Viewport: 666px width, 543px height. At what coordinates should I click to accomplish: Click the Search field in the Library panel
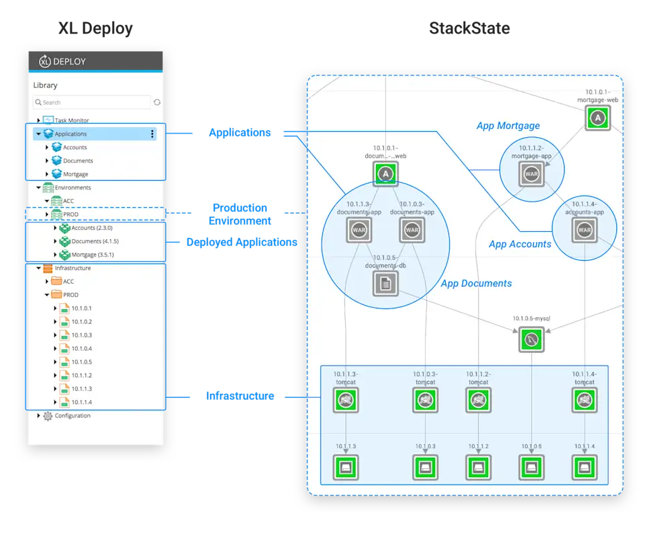pyautogui.click(x=92, y=102)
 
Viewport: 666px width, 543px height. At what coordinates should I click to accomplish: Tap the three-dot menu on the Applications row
pyautogui.click(x=152, y=134)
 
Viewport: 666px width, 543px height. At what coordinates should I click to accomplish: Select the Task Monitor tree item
pyautogui.click(x=71, y=120)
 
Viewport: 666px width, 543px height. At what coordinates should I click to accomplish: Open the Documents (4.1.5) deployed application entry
pyautogui.click(x=95, y=241)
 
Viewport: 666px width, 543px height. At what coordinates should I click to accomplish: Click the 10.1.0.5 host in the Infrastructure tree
pyautogui.click(x=81, y=362)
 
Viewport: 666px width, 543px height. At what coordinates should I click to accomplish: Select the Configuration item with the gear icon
pyautogui.click(x=72, y=415)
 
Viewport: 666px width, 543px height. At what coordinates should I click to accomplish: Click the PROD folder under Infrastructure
pyautogui.click(x=70, y=294)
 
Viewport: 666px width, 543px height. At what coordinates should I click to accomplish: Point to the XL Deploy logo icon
pyautogui.click(x=45, y=61)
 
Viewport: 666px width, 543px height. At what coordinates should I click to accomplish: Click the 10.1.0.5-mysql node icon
pyautogui.click(x=531, y=340)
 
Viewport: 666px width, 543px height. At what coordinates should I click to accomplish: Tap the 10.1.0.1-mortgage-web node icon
pyautogui.click(x=597, y=119)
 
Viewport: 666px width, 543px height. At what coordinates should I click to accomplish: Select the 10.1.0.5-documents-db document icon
pyautogui.click(x=385, y=284)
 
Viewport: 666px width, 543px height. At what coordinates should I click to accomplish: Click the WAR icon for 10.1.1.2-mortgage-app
pyautogui.click(x=531, y=174)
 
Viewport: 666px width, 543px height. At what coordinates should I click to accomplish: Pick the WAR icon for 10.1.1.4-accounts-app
pyautogui.click(x=584, y=230)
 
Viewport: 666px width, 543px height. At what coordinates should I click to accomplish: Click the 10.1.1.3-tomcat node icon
pyautogui.click(x=345, y=401)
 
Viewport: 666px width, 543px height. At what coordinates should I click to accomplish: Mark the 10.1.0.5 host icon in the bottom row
pyautogui.click(x=531, y=468)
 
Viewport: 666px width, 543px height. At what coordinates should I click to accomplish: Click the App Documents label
pyautogui.click(x=476, y=284)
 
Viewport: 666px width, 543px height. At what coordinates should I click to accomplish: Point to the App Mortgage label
pyautogui.click(x=508, y=126)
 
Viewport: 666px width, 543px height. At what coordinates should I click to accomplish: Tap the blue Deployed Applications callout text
pyautogui.click(x=241, y=242)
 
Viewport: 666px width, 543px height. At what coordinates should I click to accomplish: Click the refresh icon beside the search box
pyautogui.click(x=157, y=102)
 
